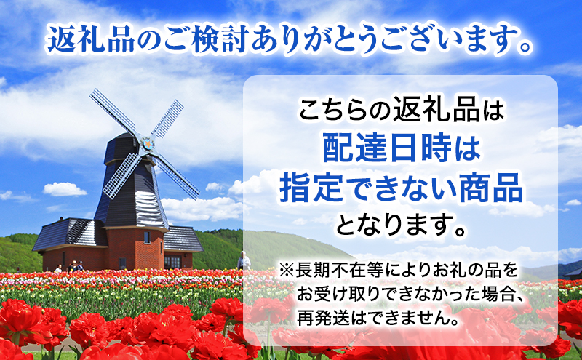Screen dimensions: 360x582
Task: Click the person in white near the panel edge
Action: coord(244,260)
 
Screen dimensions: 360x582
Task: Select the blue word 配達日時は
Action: coord(401,151)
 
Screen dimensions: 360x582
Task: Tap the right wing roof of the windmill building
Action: coord(182,238)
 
